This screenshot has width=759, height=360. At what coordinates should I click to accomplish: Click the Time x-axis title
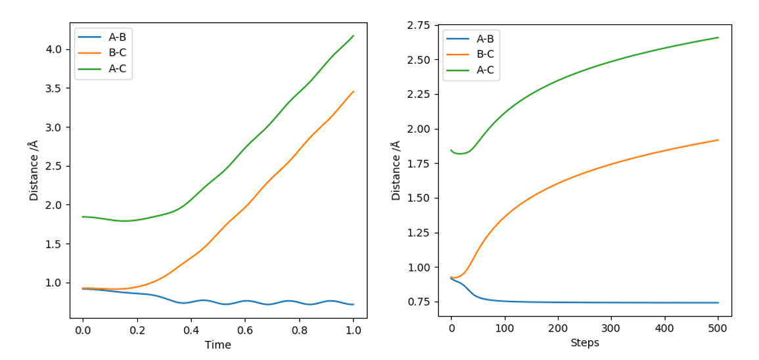(218, 344)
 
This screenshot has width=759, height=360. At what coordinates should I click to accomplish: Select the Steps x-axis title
(584, 342)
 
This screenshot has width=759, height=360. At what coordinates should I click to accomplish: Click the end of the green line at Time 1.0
(354, 35)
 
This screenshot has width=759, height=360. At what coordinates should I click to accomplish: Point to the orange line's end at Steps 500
(718, 140)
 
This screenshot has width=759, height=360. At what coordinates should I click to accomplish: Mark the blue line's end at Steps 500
(718, 303)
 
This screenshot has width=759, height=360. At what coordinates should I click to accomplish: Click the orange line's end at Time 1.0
(354, 91)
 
